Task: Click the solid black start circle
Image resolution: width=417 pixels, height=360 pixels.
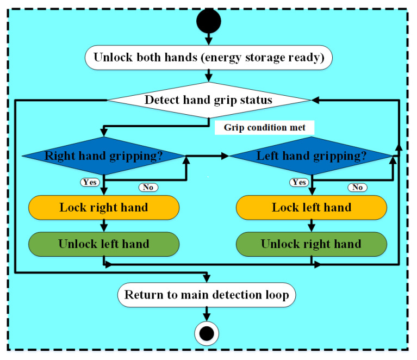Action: pos(209,21)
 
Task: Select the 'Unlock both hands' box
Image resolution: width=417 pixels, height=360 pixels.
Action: pos(209,58)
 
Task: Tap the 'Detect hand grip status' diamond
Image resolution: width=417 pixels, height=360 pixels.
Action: pos(209,100)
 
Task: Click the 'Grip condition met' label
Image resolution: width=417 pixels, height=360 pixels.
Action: pos(264,127)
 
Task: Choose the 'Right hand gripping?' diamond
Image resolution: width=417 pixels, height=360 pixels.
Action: pos(104,156)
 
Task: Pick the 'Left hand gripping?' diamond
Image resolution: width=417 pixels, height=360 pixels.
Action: pos(312,156)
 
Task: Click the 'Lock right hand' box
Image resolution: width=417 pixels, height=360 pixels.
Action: pos(104,208)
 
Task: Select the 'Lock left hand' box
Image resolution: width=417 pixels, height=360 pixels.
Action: pos(312,208)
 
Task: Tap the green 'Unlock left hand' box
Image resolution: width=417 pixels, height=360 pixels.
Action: pos(104,244)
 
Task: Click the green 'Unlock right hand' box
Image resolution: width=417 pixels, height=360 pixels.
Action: pos(312,244)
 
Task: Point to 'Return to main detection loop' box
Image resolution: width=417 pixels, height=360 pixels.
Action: pos(207,295)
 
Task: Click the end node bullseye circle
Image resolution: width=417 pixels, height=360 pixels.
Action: pos(207,333)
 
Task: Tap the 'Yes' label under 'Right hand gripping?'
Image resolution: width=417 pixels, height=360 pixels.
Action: pos(90,182)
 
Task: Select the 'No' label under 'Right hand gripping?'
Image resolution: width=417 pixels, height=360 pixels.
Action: pos(148,187)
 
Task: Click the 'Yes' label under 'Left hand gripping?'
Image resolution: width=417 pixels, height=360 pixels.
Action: pos(299,182)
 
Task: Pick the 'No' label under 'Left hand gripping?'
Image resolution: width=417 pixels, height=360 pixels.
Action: pos(358,187)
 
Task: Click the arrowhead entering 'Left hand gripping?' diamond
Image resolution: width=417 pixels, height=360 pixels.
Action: pos(225,156)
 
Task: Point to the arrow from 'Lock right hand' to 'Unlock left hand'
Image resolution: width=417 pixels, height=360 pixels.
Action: pos(104,226)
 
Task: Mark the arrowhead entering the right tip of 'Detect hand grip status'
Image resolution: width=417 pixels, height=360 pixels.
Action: pos(315,100)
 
